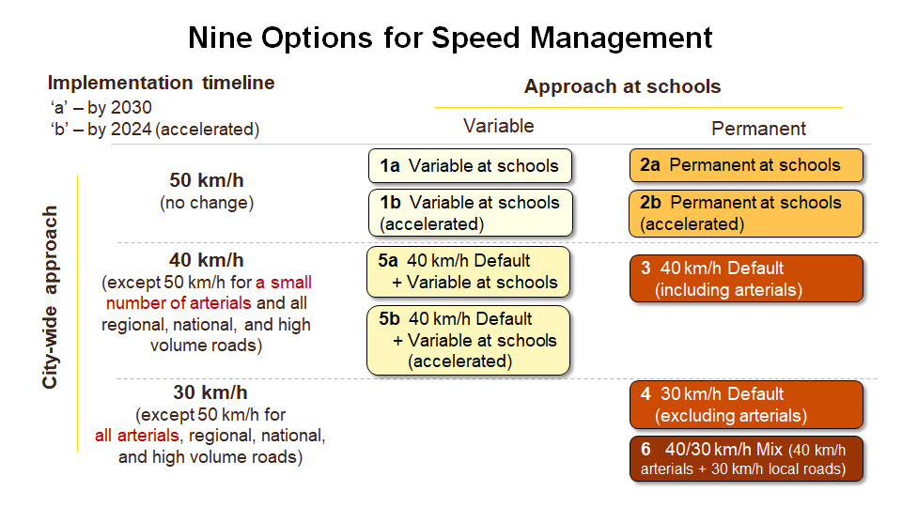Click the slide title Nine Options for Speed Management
pyautogui.click(x=450, y=38)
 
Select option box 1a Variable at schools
pyautogui.click(x=469, y=166)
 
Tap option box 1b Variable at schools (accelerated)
pyautogui.click(x=469, y=213)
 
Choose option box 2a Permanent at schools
pyautogui.click(x=746, y=165)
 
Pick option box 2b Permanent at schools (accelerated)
pyautogui.click(x=746, y=213)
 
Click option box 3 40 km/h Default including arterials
pyautogui.click(x=746, y=279)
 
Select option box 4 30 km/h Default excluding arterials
pyautogui.click(x=746, y=405)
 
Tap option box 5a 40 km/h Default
pyautogui.click(x=468, y=271)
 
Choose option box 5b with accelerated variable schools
pyautogui.click(x=468, y=340)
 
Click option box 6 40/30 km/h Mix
pyautogui.click(x=746, y=458)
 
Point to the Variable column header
pyautogui.click(x=498, y=126)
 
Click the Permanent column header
pyautogui.click(x=758, y=129)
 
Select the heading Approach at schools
pyautogui.click(x=622, y=86)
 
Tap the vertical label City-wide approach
pyautogui.click(x=52, y=297)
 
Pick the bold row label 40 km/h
pyautogui.click(x=206, y=260)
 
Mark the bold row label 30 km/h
pyautogui.click(x=210, y=392)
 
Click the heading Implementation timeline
pyautogui.click(x=161, y=83)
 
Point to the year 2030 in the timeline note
pyautogui.click(x=132, y=107)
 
